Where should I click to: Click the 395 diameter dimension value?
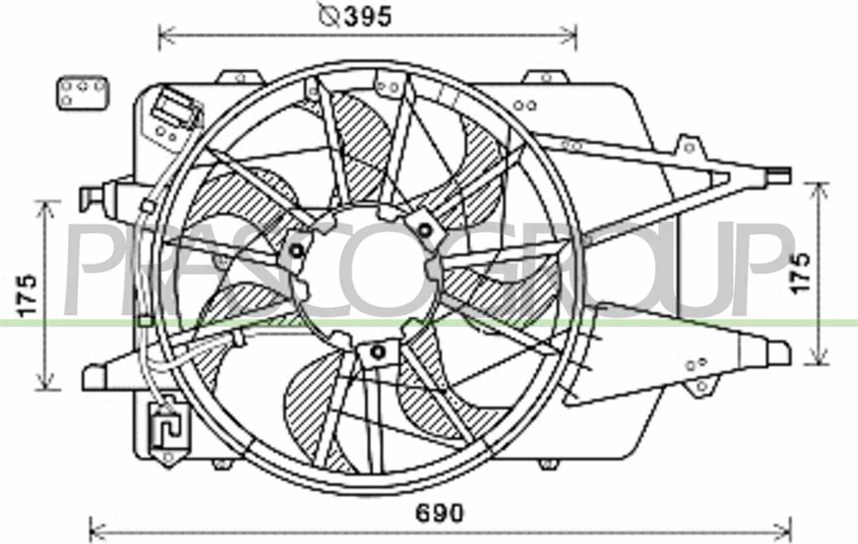[x=368, y=16]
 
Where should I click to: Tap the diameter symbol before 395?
[x=329, y=16]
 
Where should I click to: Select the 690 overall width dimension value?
[x=439, y=513]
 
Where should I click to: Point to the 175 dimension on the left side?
[x=28, y=295]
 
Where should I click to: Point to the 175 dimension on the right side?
[x=802, y=273]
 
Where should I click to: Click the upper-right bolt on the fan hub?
[x=425, y=229]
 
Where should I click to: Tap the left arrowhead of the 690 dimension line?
[x=92, y=530]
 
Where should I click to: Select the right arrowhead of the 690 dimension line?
[x=788, y=530]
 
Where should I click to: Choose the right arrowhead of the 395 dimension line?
[x=573, y=36]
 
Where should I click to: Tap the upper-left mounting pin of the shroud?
[x=90, y=198]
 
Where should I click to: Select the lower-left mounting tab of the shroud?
[x=95, y=377]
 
